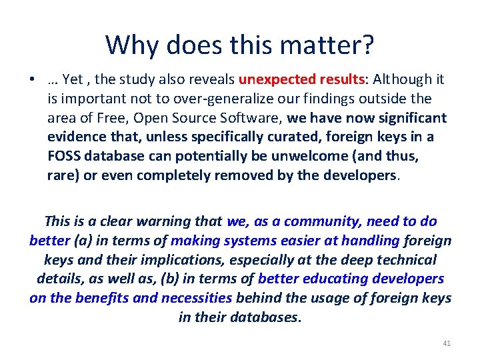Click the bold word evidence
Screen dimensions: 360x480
(75, 138)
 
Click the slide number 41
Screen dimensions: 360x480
(447, 343)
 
